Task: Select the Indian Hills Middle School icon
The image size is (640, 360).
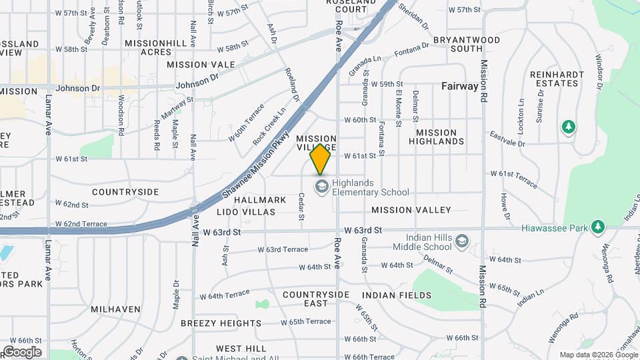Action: coord(461,240)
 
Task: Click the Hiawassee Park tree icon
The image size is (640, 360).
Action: coord(598,227)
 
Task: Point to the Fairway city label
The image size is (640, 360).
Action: coord(460,86)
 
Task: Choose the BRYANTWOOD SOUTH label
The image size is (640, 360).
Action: coord(466,44)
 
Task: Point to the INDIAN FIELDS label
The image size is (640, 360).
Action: coord(397,295)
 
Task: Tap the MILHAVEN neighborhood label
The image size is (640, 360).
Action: coord(115,309)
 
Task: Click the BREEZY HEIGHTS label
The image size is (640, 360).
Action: coord(221,323)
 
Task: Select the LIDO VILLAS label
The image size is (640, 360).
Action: coord(245,212)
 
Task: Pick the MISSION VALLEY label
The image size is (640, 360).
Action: coord(411,210)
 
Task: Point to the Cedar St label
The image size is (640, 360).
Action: coord(301,207)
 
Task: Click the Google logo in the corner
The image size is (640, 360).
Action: coord(22,352)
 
